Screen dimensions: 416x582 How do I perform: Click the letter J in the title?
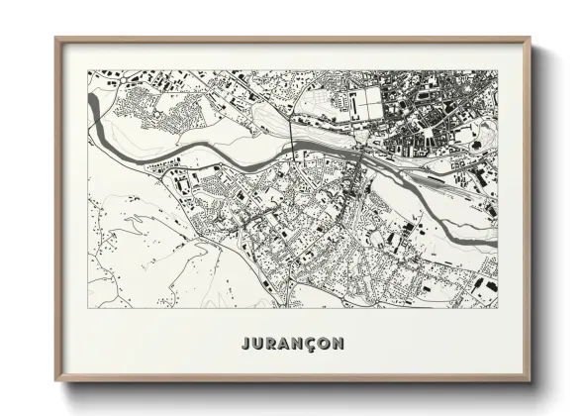245,344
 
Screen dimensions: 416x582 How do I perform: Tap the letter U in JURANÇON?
258,344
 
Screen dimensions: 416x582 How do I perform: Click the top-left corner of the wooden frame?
56,39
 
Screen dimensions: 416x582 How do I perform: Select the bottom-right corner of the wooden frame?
530,380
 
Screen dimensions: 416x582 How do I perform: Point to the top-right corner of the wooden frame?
530,39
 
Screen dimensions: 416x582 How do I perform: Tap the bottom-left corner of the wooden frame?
56,380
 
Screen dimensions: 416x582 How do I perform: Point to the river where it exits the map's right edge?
495,238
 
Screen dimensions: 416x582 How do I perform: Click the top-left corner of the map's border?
88,70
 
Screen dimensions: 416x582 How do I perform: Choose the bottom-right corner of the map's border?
498,308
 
